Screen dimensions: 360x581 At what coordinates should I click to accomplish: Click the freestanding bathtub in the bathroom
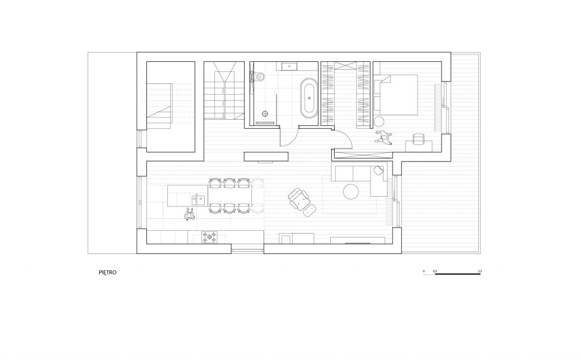(x=309, y=98)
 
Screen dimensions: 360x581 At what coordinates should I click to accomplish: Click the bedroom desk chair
(x=418, y=139)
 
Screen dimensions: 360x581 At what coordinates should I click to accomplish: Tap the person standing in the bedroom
(x=385, y=138)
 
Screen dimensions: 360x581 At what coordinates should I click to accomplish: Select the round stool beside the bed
(x=380, y=120)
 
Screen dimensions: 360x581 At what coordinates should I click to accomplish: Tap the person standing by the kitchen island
(x=190, y=214)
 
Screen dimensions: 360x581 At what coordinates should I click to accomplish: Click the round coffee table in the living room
(x=351, y=191)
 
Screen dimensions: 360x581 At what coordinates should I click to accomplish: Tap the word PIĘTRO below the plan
(x=107, y=273)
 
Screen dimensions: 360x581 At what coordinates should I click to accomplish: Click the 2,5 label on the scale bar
(x=479, y=272)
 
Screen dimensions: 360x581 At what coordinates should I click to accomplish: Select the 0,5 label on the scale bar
(x=435, y=272)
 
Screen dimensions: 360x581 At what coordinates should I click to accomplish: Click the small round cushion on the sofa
(x=378, y=168)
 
